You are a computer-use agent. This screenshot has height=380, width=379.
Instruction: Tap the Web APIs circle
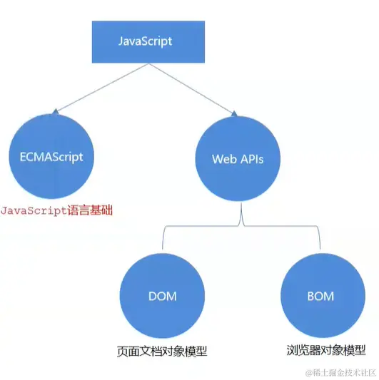click(x=237, y=158)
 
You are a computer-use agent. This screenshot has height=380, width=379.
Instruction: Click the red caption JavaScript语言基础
click(x=56, y=211)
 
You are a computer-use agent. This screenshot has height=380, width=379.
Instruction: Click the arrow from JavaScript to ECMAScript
click(x=100, y=88)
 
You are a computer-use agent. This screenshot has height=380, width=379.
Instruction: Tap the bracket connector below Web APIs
click(x=242, y=225)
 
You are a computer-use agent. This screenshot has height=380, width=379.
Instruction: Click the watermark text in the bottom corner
click(x=341, y=372)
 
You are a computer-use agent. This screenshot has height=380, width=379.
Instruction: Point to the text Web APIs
click(x=237, y=159)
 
